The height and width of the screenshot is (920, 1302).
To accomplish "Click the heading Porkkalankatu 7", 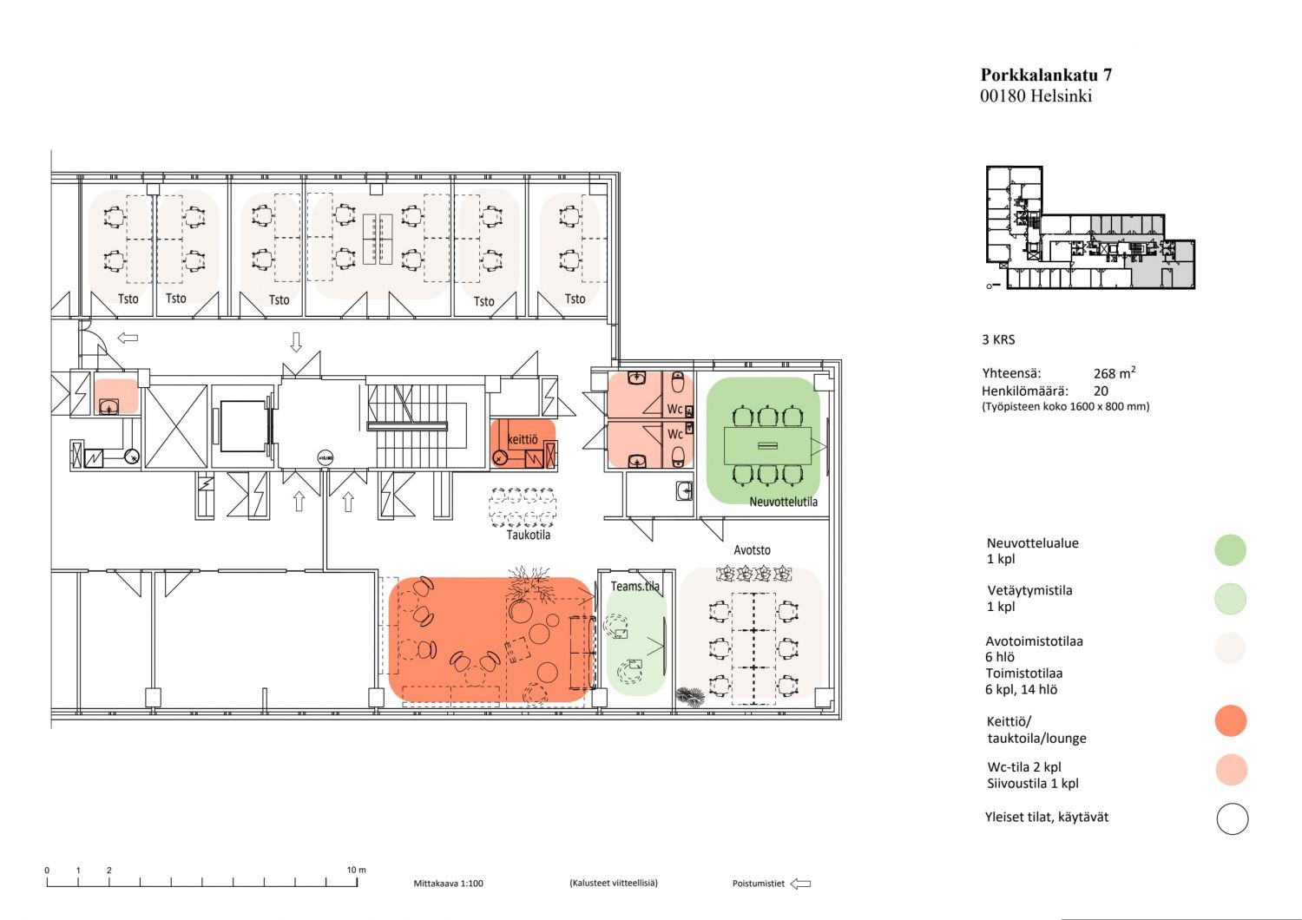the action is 1046,75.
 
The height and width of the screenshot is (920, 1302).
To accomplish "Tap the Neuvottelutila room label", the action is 783,502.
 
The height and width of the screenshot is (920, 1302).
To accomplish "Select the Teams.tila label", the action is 635,586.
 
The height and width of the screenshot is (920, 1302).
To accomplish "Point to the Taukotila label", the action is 528,535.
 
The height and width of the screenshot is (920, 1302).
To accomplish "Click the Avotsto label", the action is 752,549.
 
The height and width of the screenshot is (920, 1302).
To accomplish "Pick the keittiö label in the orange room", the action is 523,439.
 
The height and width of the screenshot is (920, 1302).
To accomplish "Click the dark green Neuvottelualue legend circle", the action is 1231,549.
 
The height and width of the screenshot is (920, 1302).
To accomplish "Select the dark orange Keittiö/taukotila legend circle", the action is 1231,720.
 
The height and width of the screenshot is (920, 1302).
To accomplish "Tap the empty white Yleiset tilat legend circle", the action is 1233,818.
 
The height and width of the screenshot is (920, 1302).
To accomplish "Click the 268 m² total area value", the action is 1115,372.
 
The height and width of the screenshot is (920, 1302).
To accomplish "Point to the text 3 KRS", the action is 998,340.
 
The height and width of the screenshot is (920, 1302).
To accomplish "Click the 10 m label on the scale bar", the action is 356,870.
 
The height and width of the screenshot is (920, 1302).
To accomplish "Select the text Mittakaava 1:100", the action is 448,884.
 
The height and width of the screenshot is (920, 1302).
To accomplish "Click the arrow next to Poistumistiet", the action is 801,884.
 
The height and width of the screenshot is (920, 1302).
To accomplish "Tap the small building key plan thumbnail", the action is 1090,227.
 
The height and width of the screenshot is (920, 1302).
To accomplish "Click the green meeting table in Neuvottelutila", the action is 767,445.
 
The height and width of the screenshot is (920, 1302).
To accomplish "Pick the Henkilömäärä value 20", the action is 1101,391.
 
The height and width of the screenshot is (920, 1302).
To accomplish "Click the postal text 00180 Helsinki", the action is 1036,95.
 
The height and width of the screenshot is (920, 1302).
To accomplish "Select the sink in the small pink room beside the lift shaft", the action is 108,406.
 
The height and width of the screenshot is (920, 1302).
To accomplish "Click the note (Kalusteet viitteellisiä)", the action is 613,884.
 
